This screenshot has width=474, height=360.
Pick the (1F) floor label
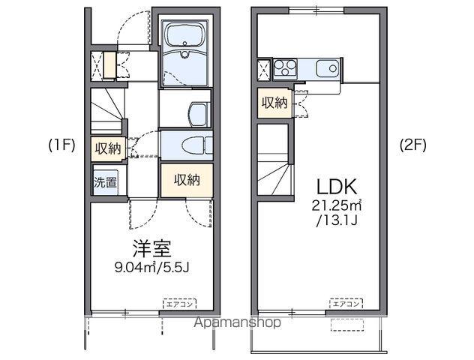(x=61, y=145)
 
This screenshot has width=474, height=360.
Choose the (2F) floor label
(x=412, y=145)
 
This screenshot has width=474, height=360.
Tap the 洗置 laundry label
(x=106, y=181)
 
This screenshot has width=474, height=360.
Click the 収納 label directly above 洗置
(x=107, y=148)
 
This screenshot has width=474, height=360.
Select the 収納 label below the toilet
(x=186, y=180)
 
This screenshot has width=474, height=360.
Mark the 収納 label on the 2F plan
(x=274, y=103)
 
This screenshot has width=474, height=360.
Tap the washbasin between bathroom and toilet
(x=197, y=113)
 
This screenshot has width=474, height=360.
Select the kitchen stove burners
(x=286, y=69)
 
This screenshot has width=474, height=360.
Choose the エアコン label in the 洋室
(x=178, y=303)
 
